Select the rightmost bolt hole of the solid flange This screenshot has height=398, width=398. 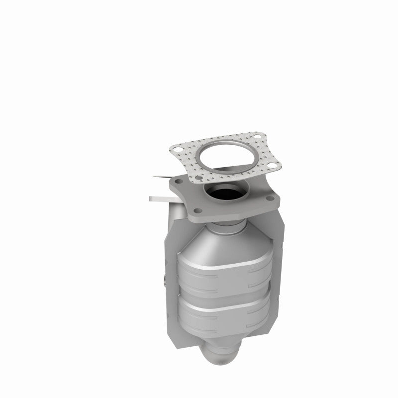[x=273, y=200]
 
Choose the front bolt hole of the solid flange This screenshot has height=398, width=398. [x=198, y=211]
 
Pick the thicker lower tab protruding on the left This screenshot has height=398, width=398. [x=159, y=199]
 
